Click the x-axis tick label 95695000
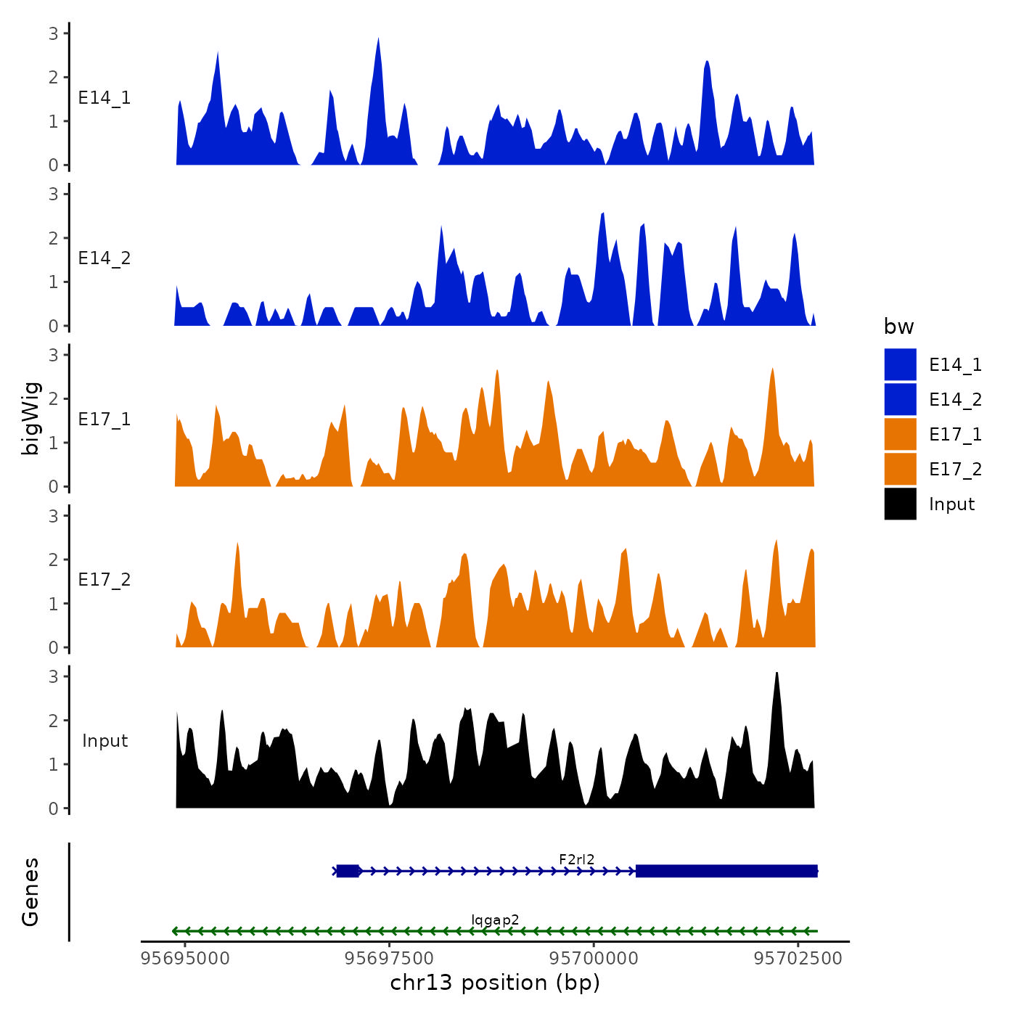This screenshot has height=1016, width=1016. (x=185, y=958)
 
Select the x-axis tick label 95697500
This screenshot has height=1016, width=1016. (x=390, y=958)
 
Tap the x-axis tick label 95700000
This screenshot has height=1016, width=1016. (x=594, y=958)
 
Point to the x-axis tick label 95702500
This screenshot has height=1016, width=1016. (x=798, y=958)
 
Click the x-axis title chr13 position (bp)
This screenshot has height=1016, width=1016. (x=495, y=983)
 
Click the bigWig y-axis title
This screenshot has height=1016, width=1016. (x=30, y=419)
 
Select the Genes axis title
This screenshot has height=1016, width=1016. (x=30, y=892)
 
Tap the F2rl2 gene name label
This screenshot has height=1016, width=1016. (x=577, y=859)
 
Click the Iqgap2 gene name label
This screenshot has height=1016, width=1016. (x=495, y=920)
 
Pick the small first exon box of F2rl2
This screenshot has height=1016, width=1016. (x=348, y=871)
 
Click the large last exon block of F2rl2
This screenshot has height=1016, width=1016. (x=726, y=871)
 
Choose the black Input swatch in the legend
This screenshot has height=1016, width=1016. (x=900, y=504)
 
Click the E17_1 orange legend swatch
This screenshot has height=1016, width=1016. (x=900, y=434)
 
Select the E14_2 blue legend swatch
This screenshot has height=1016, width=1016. (x=900, y=399)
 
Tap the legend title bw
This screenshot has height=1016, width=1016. (x=898, y=327)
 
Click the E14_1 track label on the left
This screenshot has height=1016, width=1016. (x=105, y=98)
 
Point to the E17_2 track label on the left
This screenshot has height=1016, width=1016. (x=105, y=579)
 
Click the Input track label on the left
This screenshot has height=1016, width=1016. (x=105, y=740)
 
